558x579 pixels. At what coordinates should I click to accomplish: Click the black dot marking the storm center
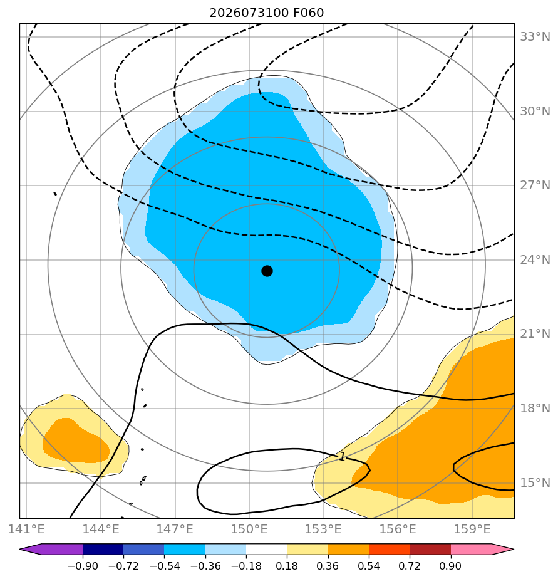267,271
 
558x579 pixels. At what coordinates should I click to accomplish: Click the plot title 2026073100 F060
266,13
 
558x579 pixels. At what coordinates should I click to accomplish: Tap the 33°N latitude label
535,37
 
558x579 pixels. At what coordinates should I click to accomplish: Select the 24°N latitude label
535,260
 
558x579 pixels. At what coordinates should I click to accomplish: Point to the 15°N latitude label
535,483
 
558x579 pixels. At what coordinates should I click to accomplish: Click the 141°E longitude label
26,529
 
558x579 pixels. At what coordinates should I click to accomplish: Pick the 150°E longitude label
249,529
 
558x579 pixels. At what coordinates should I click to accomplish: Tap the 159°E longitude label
472,529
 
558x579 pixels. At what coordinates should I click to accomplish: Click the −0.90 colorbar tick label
83,566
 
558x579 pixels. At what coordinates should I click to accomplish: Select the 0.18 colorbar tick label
287,566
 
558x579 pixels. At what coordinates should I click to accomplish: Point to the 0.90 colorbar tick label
450,566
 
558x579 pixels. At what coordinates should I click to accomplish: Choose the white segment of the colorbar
266,549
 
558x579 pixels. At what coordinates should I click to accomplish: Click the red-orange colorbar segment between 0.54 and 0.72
389,549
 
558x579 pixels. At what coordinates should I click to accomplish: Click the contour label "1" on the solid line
343,457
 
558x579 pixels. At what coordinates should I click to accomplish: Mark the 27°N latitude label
535,185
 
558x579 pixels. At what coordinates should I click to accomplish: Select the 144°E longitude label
101,529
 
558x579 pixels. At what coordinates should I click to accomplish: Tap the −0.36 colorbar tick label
205,566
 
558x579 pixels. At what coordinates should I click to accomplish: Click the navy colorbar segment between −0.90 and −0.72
103,549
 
